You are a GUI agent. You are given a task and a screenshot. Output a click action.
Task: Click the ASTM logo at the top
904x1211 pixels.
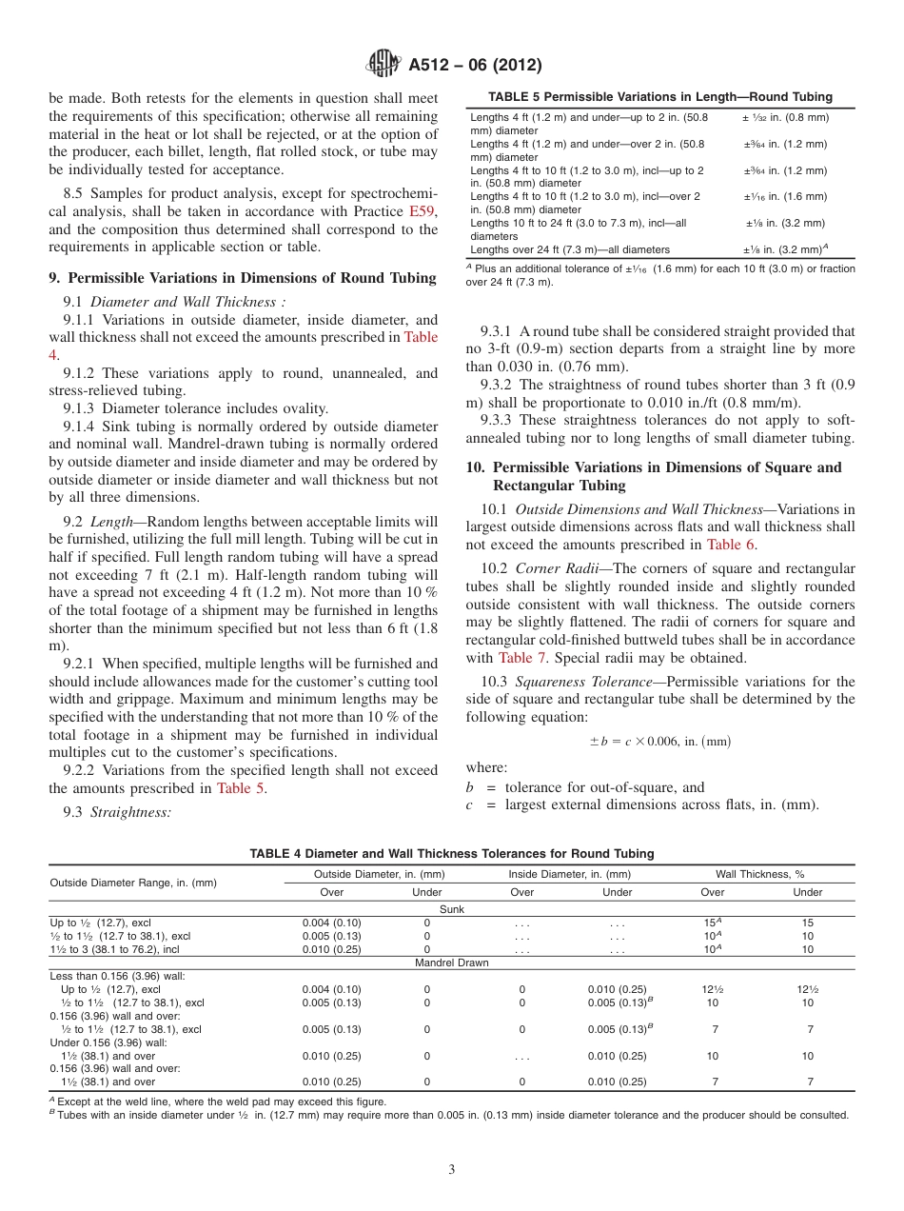tap(383, 65)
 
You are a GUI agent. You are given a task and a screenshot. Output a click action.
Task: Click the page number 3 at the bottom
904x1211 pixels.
tap(451, 1169)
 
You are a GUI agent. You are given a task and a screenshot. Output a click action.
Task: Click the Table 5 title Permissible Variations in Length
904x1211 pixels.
tap(659, 96)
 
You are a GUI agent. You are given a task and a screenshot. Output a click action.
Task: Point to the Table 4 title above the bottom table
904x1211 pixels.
tap(451, 853)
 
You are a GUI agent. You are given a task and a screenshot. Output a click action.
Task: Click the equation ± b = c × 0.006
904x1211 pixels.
tap(660, 741)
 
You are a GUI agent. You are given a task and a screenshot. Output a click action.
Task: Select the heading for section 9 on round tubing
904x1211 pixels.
tap(242, 278)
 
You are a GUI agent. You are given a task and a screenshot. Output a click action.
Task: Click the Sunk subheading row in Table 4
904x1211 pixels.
tap(451, 909)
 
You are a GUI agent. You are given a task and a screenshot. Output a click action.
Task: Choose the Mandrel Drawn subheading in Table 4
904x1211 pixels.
tap(451, 963)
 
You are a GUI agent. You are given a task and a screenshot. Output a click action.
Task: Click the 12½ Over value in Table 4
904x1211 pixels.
tap(712, 989)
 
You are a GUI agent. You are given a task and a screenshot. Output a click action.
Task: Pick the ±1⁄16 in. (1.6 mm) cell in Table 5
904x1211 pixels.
tap(785, 196)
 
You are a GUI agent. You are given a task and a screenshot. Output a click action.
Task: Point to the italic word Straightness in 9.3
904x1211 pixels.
tap(130, 812)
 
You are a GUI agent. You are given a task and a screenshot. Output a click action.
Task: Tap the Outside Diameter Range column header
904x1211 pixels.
tap(133, 883)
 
